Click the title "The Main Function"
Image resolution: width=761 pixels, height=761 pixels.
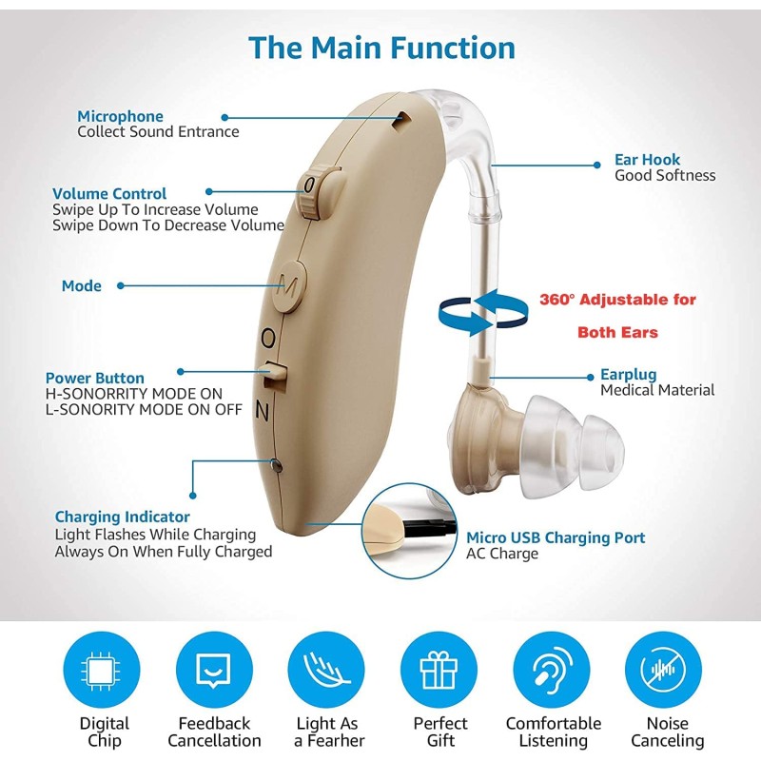coord(381,48)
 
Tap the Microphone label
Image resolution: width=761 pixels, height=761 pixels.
coord(120,116)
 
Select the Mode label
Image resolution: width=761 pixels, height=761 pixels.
coord(81,285)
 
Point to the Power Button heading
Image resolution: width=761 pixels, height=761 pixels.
coord(95,378)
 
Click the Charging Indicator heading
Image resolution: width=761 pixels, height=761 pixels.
coord(122,517)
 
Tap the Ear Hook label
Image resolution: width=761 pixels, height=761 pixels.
coord(648,160)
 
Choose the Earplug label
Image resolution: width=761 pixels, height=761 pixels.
coord(628,375)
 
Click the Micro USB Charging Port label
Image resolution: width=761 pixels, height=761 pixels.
coord(556,538)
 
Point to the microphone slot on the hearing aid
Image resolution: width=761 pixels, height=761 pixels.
coord(404,119)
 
